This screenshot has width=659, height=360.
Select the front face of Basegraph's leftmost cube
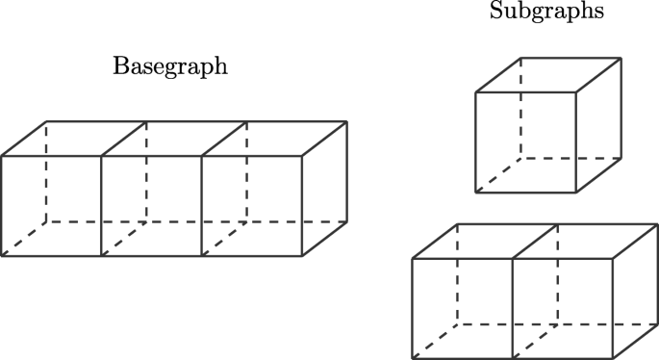tap(51, 205)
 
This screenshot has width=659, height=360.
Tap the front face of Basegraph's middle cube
tap(151, 205)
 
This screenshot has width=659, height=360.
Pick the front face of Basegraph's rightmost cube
tap(252, 205)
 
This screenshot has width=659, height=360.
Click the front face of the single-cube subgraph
tap(525, 142)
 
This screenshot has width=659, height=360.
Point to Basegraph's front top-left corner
tap(1, 156)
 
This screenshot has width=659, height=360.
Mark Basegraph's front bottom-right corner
tap(303, 256)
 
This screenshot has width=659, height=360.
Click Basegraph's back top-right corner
tap(347, 122)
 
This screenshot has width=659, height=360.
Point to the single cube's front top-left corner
tap(475, 93)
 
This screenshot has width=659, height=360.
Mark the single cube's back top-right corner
tap(621, 59)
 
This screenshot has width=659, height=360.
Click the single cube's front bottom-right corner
tap(575, 193)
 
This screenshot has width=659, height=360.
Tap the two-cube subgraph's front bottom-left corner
tap(412, 358)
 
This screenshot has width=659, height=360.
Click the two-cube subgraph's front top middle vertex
tap(512, 258)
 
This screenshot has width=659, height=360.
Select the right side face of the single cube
tap(597, 125)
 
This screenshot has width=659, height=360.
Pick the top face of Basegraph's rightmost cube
tap(274, 139)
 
